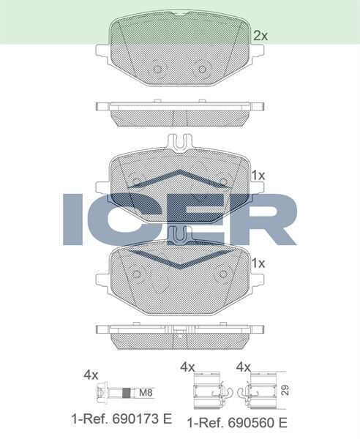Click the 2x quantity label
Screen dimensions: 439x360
click(x=260, y=34)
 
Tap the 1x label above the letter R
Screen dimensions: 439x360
click(x=258, y=176)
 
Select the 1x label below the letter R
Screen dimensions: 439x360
click(x=258, y=262)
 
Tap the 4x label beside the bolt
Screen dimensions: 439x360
click(x=91, y=374)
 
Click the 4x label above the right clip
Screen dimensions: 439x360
click(x=244, y=367)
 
